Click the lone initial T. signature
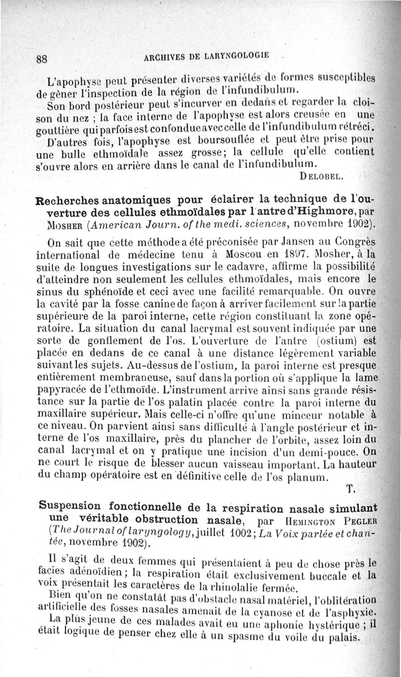pos(350,488)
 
